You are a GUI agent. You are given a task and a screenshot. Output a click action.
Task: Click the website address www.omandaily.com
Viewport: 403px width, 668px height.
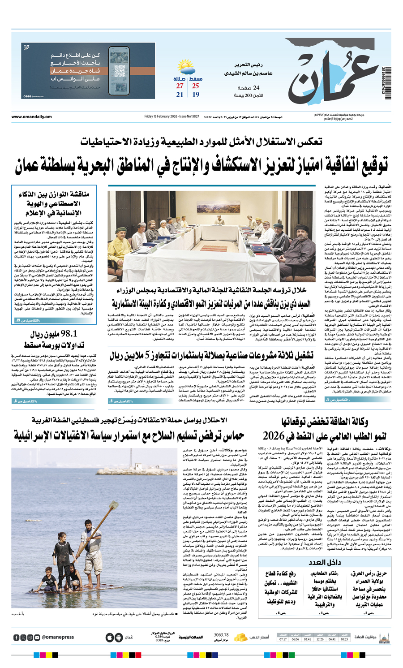[x=32, y=117]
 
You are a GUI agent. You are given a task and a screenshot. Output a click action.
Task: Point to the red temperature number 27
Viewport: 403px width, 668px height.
[x=180, y=86]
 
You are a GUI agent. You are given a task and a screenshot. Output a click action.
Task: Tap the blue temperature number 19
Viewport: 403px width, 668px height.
[x=196, y=95]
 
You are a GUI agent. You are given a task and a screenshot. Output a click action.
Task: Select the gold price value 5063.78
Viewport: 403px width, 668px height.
[x=221, y=635]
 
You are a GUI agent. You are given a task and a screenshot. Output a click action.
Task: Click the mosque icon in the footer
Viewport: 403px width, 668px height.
[x=384, y=637]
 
